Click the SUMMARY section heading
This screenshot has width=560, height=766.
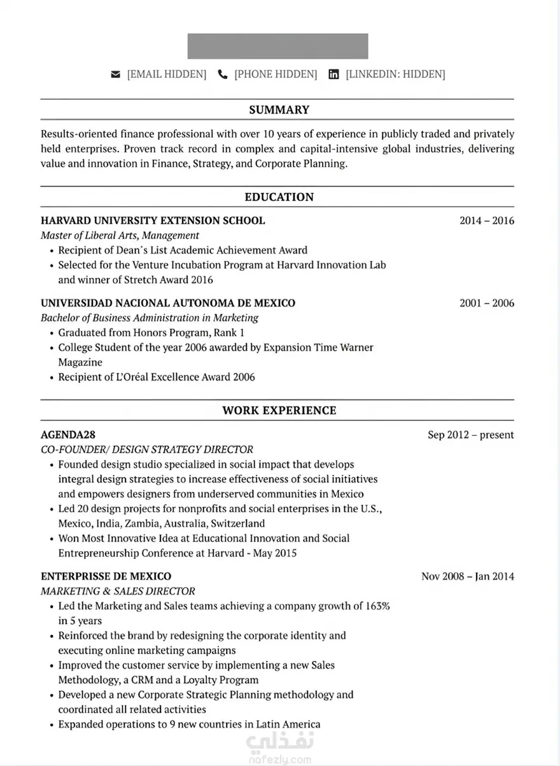[x=279, y=110]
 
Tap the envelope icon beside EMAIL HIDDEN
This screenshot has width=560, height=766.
[x=115, y=75]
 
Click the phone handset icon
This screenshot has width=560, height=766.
[x=222, y=75]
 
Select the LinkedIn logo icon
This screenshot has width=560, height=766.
[x=333, y=75]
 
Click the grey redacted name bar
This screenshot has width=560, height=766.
[x=277, y=47]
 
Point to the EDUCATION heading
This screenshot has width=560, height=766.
[x=279, y=197]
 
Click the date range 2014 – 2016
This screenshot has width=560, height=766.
[x=487, y=221]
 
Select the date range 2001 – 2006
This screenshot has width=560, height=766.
[x=487, y=303]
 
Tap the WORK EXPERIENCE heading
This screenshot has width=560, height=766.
[x=279, y=410]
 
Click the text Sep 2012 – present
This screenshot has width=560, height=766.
[x=471, y=435]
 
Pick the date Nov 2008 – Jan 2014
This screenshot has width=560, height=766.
[x=468, y=577]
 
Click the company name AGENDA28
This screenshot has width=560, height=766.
[x=67, y=435]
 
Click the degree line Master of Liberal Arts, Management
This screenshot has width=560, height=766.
[x=120, y=236]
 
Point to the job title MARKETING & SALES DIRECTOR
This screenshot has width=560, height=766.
[x=118, y=591]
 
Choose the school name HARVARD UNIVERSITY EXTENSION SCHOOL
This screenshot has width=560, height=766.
[x=153, y=221]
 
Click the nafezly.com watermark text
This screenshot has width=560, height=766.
[x=284, y=760]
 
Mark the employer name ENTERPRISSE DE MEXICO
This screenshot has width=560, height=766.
[x=106, y=577]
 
